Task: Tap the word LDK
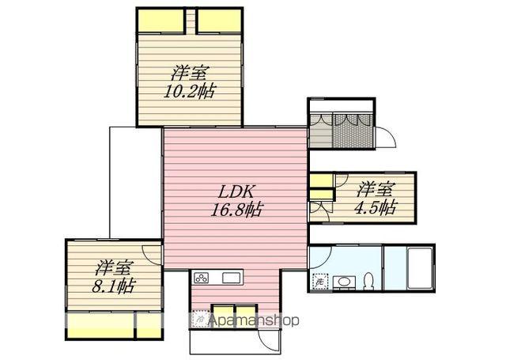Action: [x=235, y=191]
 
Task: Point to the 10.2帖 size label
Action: [x=189, y=90]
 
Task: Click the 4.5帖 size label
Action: [x=376, y=208]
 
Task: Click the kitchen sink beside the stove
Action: [x=231, y=278]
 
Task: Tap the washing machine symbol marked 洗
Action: [x=319, y=281]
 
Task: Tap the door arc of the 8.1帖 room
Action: [x=156, y=255]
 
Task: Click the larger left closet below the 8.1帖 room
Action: [x=100, y=324]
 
